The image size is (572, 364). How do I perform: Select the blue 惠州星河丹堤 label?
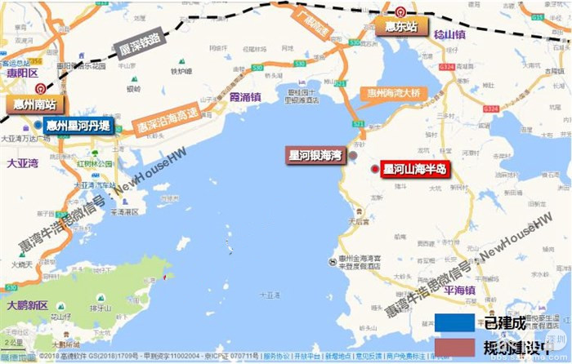tap(78, 126)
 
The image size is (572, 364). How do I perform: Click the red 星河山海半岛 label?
tap(416, 170)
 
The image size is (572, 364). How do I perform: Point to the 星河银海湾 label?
tap(315, 154)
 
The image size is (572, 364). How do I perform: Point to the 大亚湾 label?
tap(22, 163)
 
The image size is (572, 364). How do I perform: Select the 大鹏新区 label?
tap(28, 305)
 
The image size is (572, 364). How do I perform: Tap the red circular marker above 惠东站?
tap(400, 11)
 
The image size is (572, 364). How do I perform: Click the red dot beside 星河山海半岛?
tap(374, 169)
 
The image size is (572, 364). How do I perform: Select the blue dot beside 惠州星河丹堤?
tap(38, 125)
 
